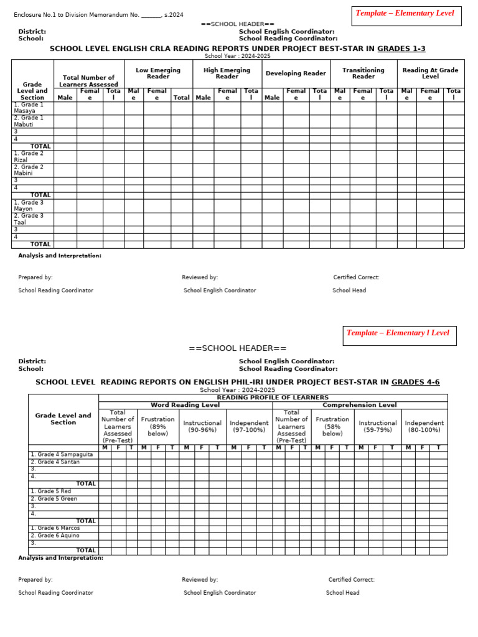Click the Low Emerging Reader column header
tap(157, 73)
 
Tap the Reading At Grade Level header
tap(430, 73)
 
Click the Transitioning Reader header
tap(363, 73)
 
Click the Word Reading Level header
tap(185, 405)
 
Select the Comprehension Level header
tap(360, 405)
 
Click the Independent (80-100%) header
tap(424, 426)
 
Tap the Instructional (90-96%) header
tap(202, 426)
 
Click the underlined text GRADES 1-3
tap(401, 49)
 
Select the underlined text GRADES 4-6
tap(415, 382)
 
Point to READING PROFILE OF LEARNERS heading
tap(273, 398)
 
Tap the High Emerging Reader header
tap(227, 73)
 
